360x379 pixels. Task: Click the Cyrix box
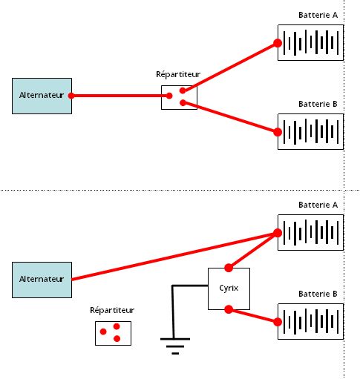tap(229, 289)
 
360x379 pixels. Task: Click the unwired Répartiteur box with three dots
tap(113, 333)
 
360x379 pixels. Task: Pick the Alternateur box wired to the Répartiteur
tap(42, 96)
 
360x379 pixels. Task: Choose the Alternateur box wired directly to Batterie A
tap(42, 280)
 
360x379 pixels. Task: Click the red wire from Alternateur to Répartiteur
tap(120, 96)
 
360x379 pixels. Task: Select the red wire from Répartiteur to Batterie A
tap(230, 67)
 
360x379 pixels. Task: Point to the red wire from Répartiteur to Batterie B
tap(230, 117)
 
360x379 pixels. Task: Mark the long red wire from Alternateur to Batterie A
tap(174, 257)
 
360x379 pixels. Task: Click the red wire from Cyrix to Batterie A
tap(253, 251)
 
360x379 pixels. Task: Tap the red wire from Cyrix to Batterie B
tap(253, 316)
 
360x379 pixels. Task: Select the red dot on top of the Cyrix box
tap(229, 268)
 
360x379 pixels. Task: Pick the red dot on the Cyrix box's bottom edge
tap(229, 309)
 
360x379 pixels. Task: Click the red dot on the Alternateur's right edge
tap(71, 96)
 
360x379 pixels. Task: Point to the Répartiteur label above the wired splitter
tap(178, 74)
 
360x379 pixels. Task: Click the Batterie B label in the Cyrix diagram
tap(318, 294)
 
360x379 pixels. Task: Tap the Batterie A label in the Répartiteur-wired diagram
tap(318, 15)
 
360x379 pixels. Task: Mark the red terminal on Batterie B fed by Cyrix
tap(278, 322)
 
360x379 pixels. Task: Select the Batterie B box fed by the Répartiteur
tap(310, 131)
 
